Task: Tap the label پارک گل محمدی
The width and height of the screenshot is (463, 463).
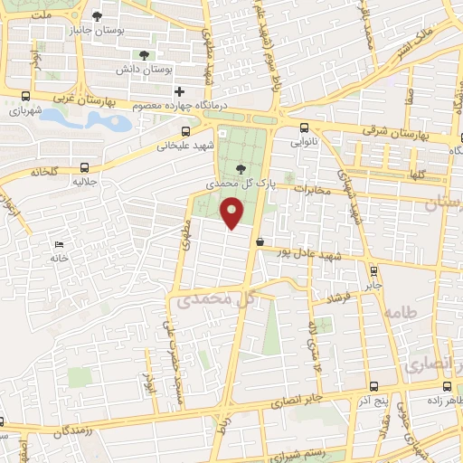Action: coord(219,183)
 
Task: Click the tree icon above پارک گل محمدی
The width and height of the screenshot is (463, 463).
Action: coord(240,169)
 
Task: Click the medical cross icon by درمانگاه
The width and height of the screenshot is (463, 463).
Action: coord(179,91)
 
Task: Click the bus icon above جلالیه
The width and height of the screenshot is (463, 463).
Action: coord(84,167)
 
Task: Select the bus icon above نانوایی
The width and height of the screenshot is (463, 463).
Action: coord(304,128)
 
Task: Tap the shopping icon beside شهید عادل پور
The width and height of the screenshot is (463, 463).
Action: coord(260,241)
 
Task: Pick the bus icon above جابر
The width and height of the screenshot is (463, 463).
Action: coord(373,269)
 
